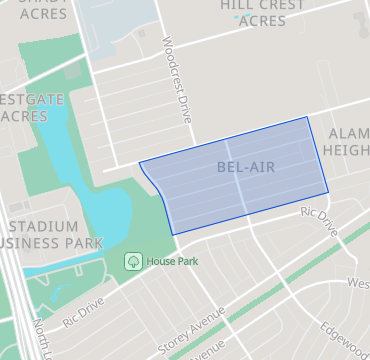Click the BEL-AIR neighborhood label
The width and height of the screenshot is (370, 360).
click(x=245, y=168)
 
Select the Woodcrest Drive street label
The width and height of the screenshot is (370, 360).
click(x=176, y=80)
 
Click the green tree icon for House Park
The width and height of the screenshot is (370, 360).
click(x=132, y=261)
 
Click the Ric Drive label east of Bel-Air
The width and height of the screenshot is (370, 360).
click(x=321, y=222)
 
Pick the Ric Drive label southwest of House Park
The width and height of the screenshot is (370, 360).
click(x=82, y=311)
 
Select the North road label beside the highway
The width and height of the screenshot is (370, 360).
click(x=42, y=338)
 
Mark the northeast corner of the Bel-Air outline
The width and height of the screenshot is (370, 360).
click(x=309, y=117)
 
